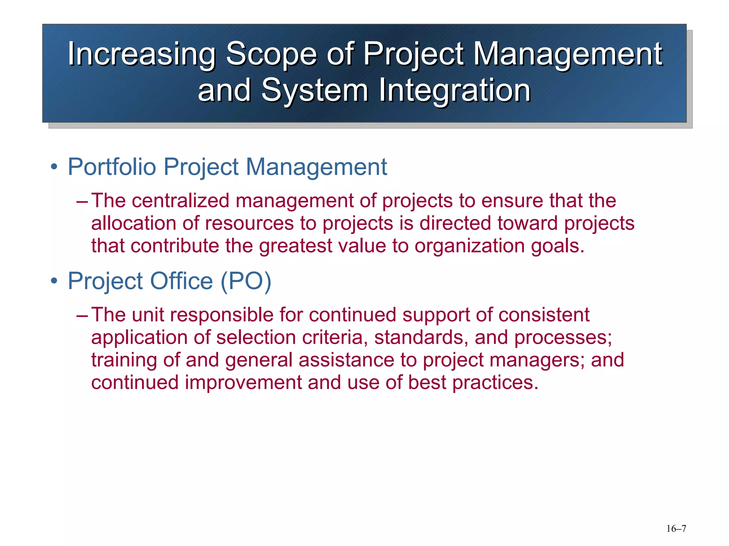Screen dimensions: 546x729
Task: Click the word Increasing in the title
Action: [x=141, y=54]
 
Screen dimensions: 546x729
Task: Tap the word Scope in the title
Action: [x=271, y=54]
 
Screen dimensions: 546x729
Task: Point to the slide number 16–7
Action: [x=676, y=529]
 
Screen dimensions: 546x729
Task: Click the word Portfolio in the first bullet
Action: [x=112, y=167]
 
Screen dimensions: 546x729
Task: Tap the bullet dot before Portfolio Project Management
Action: [x=54, y=167]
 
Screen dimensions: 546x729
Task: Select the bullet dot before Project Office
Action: [x=54, y=281]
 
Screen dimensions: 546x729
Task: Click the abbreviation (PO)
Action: [x=246, y=281]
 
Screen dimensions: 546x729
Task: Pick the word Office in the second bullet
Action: [x=181, y=281]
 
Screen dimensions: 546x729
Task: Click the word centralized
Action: [x=180, y=200]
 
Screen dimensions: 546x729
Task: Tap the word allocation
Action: [x=133, y=223]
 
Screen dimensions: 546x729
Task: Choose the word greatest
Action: [x=295, y=246]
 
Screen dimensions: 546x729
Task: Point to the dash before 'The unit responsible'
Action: [x=82, y=315]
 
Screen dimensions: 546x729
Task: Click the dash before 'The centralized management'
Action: [x=82, y=201]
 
